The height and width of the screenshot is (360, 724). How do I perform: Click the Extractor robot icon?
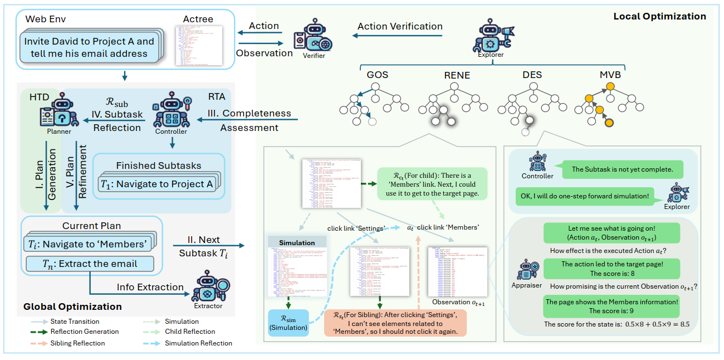coord(208,288)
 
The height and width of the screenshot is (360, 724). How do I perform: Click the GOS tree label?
coord(378,75)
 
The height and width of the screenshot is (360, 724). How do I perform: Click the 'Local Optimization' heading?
coord(659,17)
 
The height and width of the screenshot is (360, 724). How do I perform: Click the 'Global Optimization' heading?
coord(72,307)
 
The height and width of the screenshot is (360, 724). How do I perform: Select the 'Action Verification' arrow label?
coord(400,26)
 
